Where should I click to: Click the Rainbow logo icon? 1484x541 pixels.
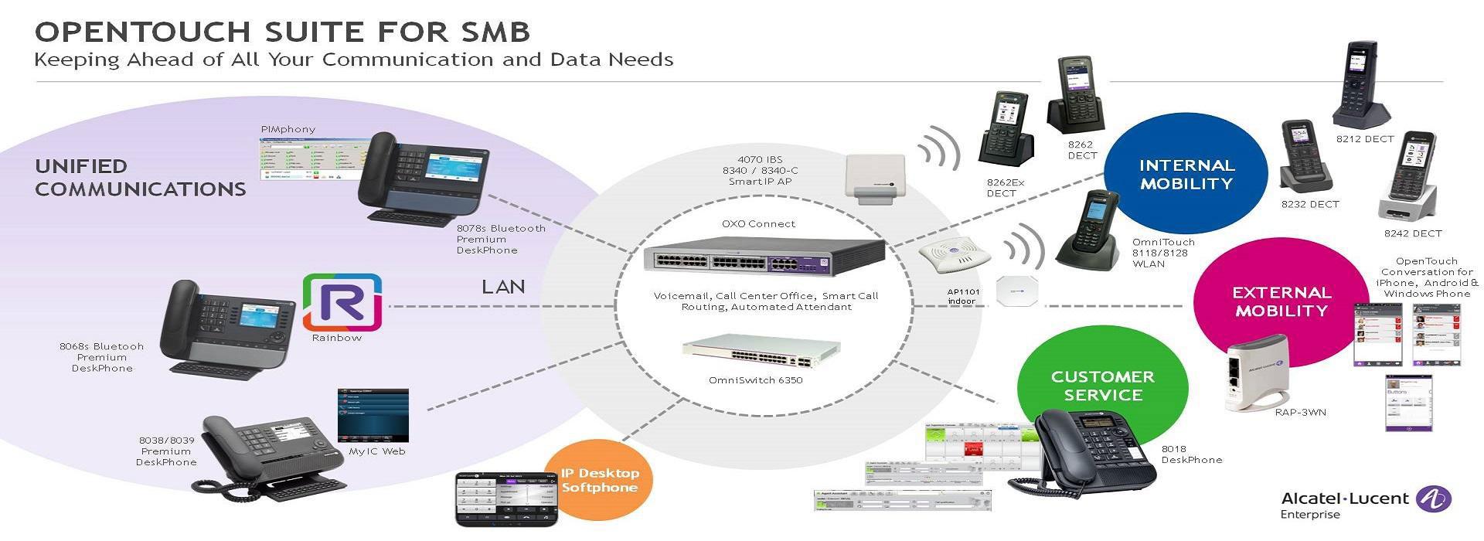coord(342,302)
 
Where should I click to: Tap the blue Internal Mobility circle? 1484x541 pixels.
coord(1186,175)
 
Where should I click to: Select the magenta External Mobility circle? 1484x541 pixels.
coord(1281,302)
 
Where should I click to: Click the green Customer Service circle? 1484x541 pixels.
coord(1102,386)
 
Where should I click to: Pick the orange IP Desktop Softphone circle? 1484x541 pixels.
coord(600,480)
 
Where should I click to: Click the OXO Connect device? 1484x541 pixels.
coord(764,255)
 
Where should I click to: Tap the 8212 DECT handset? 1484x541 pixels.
coord(1361,85)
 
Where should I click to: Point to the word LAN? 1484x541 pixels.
coord(503,287)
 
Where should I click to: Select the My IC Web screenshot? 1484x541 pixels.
coord(373,416)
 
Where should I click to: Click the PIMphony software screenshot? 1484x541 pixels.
coord(309,158)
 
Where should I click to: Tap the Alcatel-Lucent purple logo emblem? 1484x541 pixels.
coord(1433,498)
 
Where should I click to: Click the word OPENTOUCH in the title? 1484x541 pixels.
coord(143,32)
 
